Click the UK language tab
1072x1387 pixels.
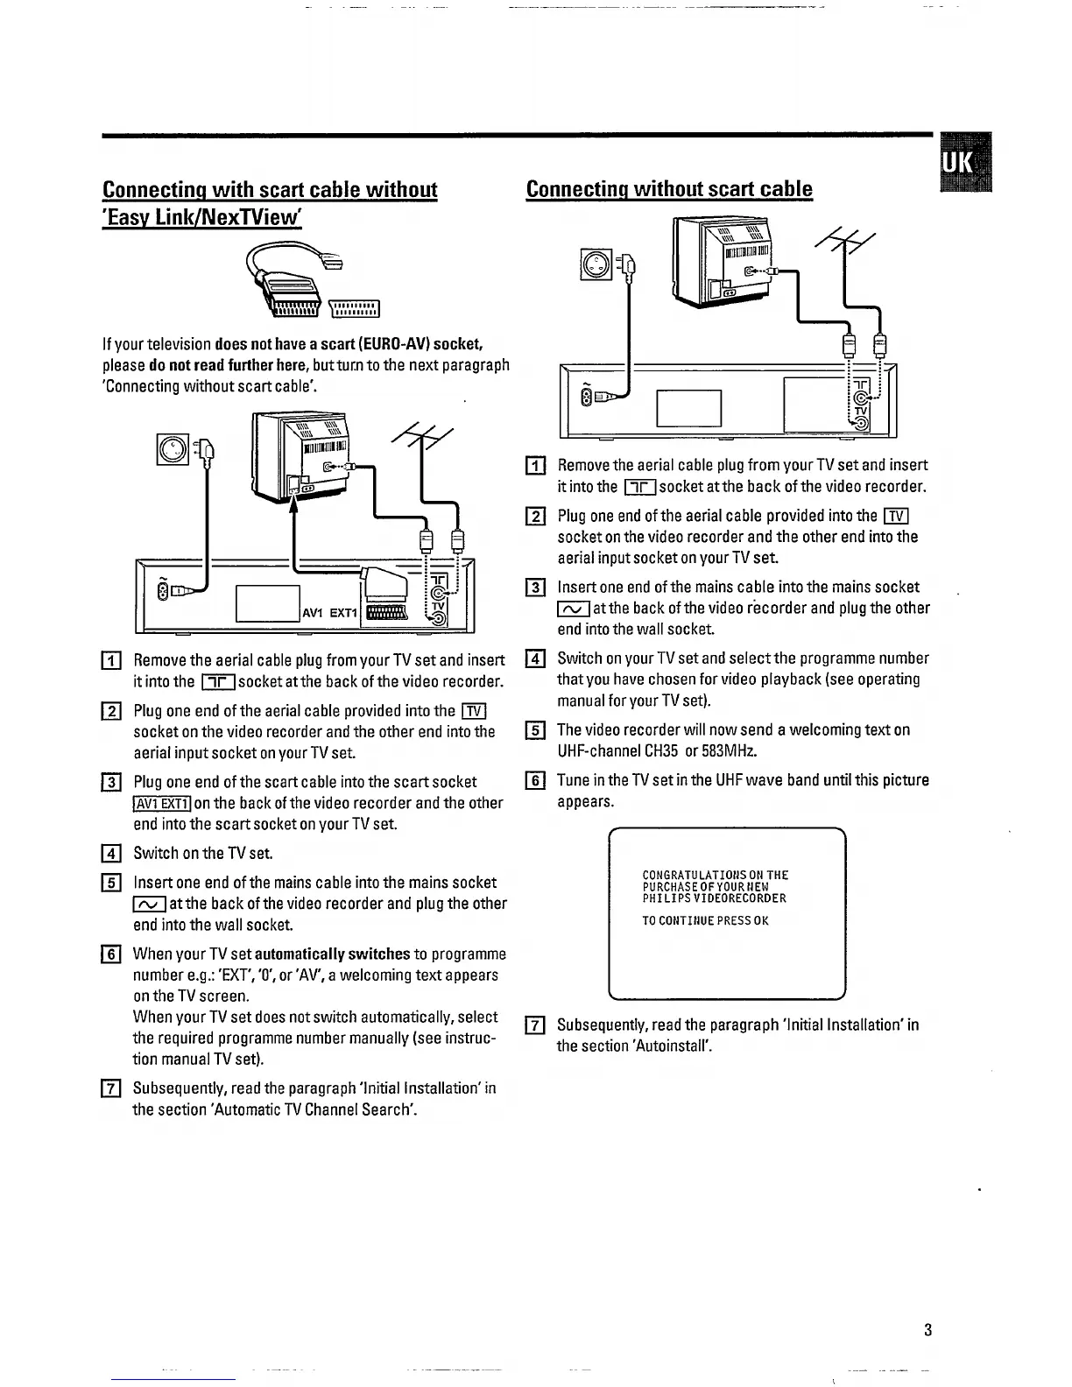963,163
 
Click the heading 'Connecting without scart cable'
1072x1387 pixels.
669,189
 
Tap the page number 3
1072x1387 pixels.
927,1330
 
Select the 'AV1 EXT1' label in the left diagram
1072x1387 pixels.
327,613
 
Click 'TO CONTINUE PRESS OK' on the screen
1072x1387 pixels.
705,920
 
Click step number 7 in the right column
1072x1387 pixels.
535,1025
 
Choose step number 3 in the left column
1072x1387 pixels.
111,782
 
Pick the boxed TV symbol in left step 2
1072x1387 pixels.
474,711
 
